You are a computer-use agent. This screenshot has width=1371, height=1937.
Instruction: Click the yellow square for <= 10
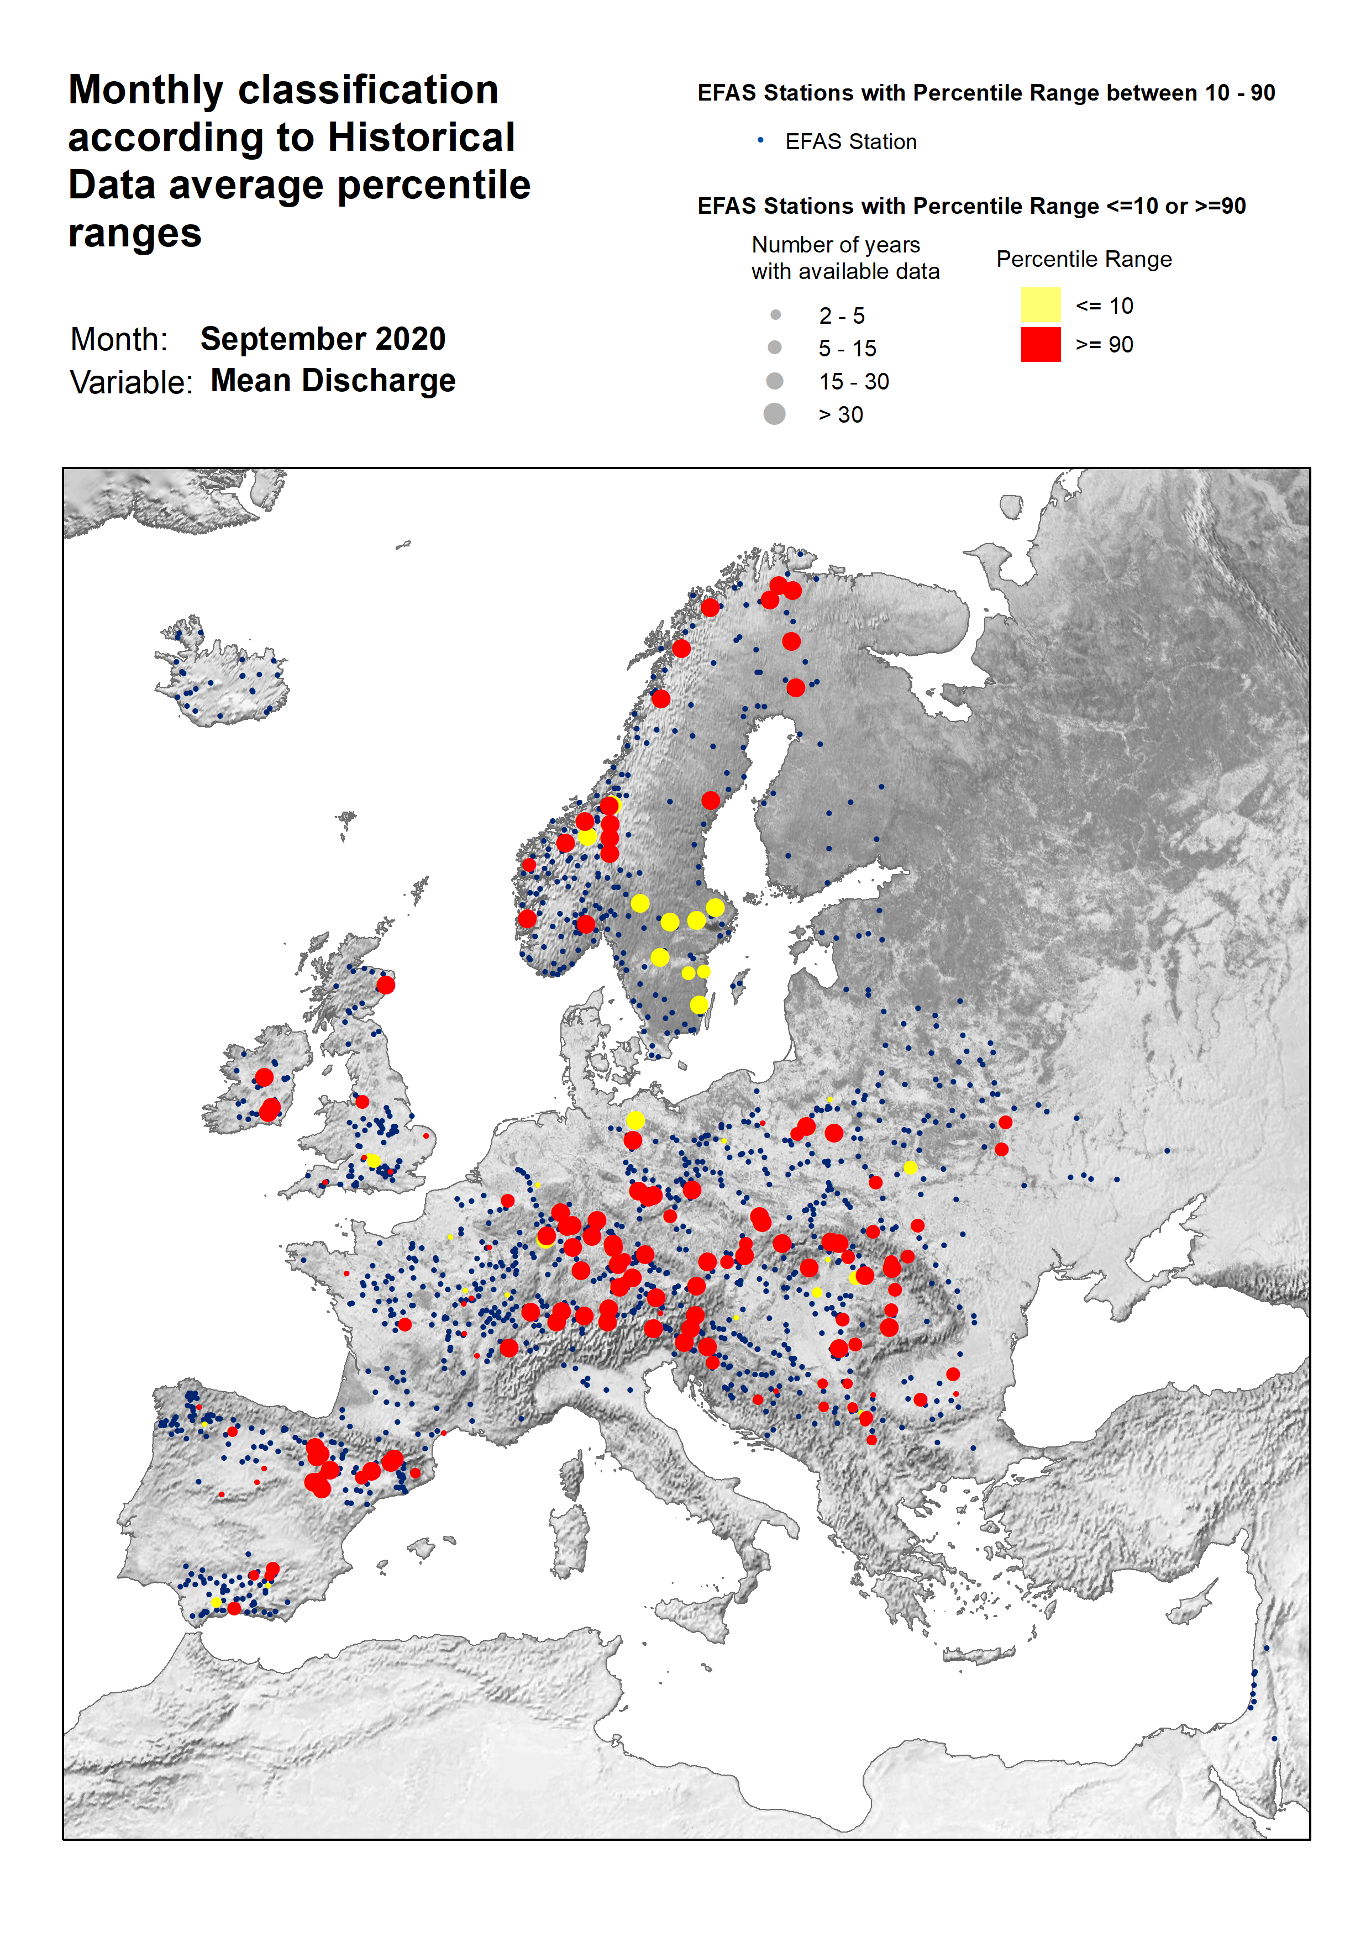click(x=1040, y=304)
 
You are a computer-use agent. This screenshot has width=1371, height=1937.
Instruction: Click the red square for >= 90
click(x=1040, y=344)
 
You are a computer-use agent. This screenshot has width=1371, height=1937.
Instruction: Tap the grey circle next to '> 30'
click(x=774, y=414)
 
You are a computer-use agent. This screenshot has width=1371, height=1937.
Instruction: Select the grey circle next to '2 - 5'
click(x=775, y=315)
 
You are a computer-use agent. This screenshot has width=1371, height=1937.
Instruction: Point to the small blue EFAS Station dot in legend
click(x=760, y=140)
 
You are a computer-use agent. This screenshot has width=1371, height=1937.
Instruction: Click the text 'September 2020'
click(x=323, y=339)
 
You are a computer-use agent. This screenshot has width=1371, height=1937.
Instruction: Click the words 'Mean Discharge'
click(x=333, y=381)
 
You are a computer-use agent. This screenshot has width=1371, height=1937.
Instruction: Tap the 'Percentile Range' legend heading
click(x=1083, y=259)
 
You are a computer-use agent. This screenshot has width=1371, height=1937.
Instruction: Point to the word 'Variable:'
click(x=131, y=382)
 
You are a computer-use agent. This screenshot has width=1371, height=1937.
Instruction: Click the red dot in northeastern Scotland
click(x=385, y=984)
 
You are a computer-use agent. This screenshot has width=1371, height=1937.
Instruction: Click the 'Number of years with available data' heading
click(x=844, y=257)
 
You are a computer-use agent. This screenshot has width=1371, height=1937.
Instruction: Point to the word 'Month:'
click(x=119, y=339)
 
